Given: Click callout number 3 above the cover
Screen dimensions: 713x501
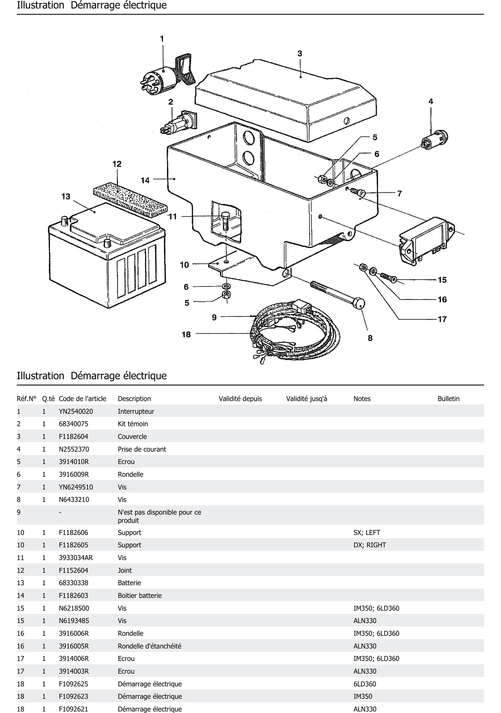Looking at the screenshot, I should point(300,54).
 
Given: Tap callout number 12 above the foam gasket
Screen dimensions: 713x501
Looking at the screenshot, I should point(117,164).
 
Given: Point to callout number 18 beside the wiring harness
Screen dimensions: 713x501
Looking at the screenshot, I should point(186,334).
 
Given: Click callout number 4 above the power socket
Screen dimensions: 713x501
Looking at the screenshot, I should point(431,102).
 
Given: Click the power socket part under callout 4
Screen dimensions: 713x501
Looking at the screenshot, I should point(434,140).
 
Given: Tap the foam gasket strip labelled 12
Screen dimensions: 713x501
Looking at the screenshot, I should point(130,199).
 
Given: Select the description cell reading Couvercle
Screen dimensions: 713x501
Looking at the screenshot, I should point(132,437).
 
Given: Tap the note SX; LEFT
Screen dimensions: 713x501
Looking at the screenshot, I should point(367,533).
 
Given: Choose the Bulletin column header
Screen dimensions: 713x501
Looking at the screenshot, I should point(448,399).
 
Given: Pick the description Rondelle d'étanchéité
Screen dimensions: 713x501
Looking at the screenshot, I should point(149,646).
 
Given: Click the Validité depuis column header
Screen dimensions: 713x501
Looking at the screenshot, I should point(240,399).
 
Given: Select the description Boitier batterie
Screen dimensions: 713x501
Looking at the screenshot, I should point(140,596).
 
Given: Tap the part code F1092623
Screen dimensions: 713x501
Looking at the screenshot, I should point(73,696).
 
